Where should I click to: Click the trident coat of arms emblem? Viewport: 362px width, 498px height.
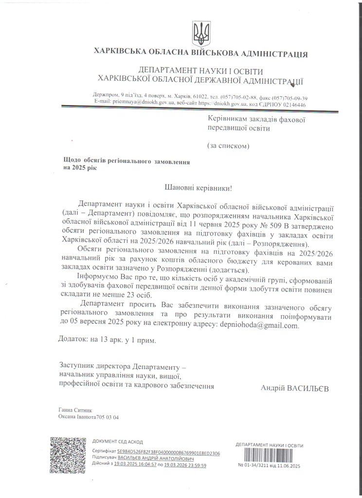click(199, 33)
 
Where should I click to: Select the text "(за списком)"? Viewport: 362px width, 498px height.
click(229, 145)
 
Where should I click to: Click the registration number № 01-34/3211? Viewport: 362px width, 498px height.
click(253, 466)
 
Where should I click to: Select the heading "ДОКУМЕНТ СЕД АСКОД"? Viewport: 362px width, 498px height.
click(117, 442)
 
